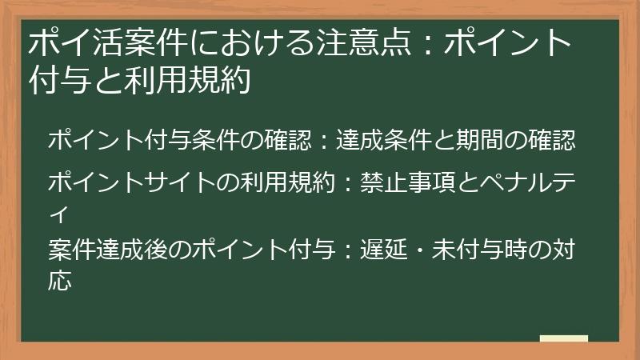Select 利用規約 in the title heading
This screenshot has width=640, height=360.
[x=199, y=79]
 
